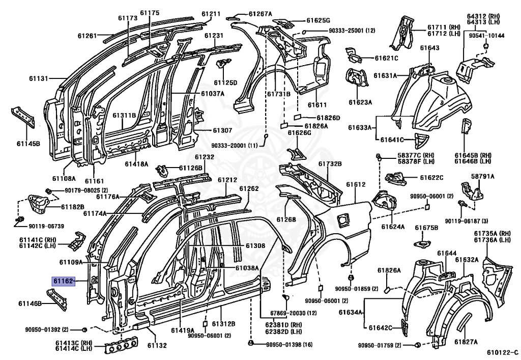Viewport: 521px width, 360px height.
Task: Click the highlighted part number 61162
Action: pyautogui.click(x=63, y=282)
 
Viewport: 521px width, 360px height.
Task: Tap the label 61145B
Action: pyautogui.click(x=28, y=144)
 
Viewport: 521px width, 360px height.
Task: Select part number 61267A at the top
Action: pyautogui.click(x=260, y=14)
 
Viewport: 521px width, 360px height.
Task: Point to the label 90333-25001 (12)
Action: pyautogui.click(x=352, y=31)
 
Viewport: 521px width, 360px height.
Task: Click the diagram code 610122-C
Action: pyautogui.click(x=502, y=352)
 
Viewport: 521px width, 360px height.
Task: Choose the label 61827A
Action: pyautogui.click(x=466, y=342)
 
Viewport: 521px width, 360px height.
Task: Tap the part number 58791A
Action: pyautogui.click(x=482, y=176)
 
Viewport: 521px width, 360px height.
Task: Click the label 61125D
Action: pyautogui.click(x=225, y=82)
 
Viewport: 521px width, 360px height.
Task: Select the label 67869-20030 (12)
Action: pyautogui.click(x=294, y=313)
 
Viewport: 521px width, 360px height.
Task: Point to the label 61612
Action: pyautogui.click(x=356, y=184)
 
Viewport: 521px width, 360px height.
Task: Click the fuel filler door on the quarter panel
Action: pyautogui.click(x=343, y=219)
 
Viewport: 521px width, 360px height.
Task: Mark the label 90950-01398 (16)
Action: pyautogui.click(x=289, y=345)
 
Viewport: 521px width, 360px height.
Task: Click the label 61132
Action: pyautogui.click(x=157, y=345)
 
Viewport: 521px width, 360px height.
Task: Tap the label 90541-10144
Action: pyautogui.click(x=486, y=36)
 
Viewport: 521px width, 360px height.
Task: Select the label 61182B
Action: pyautogui.click(x=72, y=207)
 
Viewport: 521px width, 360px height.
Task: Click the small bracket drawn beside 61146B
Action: pyautogui.click(x=56, y=299)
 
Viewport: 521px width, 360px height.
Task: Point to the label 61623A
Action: pyautogui.click(x=360, y=102)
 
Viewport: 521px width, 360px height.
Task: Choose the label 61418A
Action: pyautogui.click(x=136, y=163)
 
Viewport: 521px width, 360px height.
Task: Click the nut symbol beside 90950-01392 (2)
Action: pyautogui.click(x=84, y=329)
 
